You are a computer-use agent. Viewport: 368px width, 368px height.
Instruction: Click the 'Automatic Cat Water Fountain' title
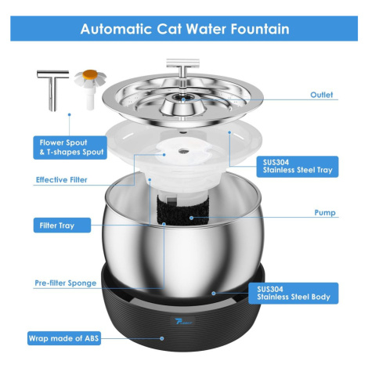coord(185,29)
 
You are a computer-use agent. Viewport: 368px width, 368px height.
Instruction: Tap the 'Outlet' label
coord(322,95)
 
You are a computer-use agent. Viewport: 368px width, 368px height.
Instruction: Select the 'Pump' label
coord(325,213)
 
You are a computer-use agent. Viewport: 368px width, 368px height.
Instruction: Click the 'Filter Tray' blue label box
coord(62,225)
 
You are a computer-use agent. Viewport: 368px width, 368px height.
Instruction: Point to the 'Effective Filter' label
coord(62,180)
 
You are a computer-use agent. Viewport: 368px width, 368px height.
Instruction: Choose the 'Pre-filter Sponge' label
coord(66,283)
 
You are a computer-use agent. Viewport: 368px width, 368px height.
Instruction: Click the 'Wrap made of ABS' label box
coord(64,338)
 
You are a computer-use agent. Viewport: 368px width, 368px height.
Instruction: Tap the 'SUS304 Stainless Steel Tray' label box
coord(298,167)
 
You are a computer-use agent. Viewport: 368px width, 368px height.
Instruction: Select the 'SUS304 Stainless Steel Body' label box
coord(294,293)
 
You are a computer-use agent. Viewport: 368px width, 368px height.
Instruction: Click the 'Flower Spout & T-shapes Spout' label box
coord(70,147)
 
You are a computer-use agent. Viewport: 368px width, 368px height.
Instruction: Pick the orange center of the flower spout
coord(90,74)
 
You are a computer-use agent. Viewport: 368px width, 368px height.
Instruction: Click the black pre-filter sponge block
coord(182,211)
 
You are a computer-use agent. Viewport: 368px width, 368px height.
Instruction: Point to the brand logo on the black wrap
coord(183,322)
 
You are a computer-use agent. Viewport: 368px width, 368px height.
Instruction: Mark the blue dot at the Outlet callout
coord(183,99)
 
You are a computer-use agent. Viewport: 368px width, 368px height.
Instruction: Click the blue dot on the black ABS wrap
coord(162,338)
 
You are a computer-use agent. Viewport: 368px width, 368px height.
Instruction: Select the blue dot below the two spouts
coord(69,114)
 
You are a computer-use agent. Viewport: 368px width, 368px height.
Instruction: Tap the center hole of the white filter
coord(183,150)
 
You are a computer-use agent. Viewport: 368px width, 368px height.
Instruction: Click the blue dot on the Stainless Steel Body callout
coord(214,294)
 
